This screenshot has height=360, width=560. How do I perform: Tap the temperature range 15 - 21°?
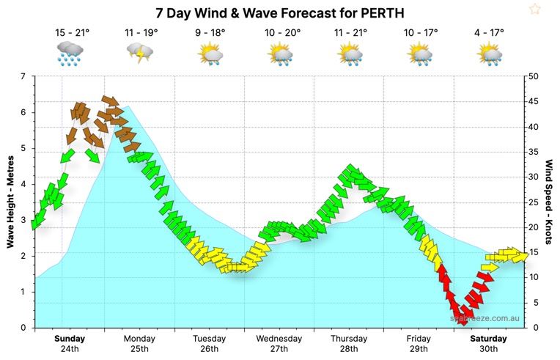coord(72,33)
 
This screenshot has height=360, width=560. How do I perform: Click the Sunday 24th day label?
coord(70,344)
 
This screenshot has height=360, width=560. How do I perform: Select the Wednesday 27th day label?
coord(279,344)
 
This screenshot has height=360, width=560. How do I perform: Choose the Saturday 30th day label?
coord(488,344)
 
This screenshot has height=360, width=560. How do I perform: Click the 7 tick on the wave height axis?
coord(23,77)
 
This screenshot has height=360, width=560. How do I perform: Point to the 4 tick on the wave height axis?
coord(23,184)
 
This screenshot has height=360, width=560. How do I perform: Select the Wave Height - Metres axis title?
coord(10,202)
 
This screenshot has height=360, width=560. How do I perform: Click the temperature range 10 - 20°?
coord(280,33)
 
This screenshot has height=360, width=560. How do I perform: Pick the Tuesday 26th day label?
coord(209,344)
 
